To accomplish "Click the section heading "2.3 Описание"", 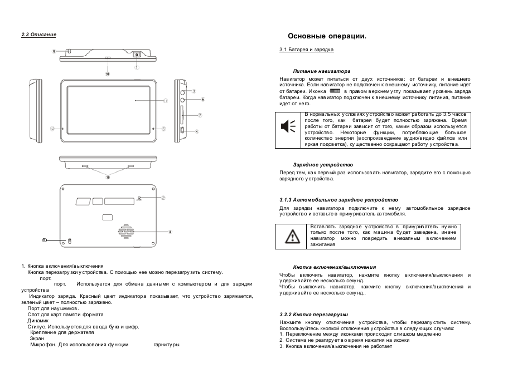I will [39, 35].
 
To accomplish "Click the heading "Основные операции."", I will [327, 36].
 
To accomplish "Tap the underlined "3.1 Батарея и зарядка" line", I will [306, 50].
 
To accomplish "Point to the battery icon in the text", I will [335, 91].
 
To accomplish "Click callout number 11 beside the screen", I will [165, 101].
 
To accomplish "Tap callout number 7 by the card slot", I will [200, 115].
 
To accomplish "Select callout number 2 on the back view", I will [163, 198].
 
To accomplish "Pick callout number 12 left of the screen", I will [52, 129].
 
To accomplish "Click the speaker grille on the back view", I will [127, 232].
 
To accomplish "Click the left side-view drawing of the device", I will [36, 111].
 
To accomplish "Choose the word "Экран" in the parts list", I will [36, 338].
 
